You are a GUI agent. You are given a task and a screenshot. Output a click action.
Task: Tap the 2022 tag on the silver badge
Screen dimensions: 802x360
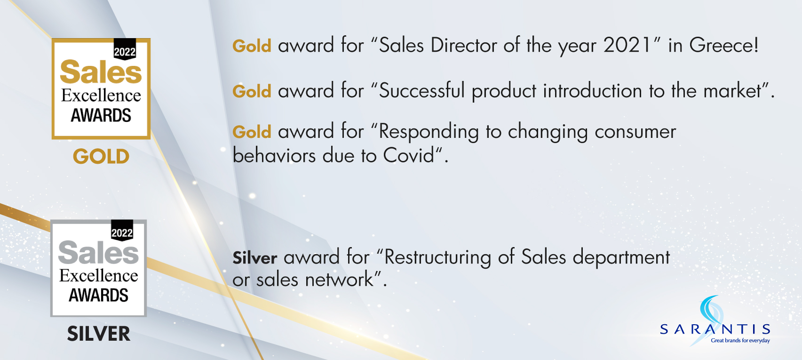(x=122, y=231)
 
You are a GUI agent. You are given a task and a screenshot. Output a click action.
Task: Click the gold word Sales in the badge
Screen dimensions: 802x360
(x=101, y=72)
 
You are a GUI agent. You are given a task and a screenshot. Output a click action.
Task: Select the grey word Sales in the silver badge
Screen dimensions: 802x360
(x=98, y=253)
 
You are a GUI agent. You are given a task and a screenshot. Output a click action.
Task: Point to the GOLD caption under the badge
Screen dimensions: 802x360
(x=101, y=157)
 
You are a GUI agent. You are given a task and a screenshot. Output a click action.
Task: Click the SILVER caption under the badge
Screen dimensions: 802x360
(x=99, y=334)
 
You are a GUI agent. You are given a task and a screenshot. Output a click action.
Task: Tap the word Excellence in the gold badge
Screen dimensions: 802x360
(x=101, y=96)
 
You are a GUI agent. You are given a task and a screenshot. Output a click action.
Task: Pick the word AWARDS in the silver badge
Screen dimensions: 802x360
(x=98, y=296)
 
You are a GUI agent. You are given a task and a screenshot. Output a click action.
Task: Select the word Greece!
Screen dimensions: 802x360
(x=724, y=46)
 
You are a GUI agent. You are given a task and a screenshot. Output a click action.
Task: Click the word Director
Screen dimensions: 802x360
(x=463, y=46)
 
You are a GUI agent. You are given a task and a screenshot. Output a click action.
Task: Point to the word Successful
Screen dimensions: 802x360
(x=422, y=91)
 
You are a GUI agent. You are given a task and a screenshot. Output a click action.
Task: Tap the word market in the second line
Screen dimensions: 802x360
(x=732, y=91)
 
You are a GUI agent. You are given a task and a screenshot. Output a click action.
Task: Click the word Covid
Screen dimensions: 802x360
(x=408, y=156)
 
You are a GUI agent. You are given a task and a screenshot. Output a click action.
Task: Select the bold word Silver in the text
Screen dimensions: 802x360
(x=254, y=257)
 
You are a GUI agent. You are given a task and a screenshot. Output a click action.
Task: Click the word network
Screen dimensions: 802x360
(x=340, y=280)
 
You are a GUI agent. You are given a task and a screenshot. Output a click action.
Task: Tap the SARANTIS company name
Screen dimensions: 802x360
(x=715, y=329)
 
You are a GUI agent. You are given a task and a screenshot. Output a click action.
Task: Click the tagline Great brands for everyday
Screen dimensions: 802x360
(x=740, y=340)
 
